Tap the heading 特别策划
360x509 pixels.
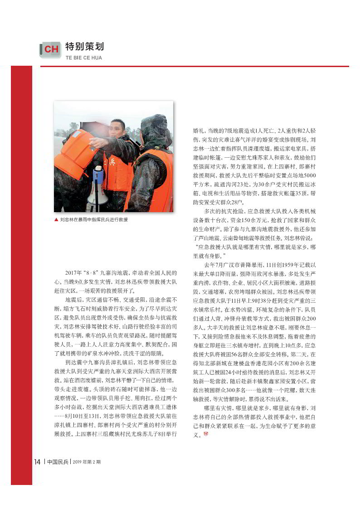[84, 47]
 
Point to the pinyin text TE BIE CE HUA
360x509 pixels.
[84, 58]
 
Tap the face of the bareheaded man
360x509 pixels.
[118, 129]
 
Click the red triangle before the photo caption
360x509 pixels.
[56, 219]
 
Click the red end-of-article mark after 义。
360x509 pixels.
[205, 435]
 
